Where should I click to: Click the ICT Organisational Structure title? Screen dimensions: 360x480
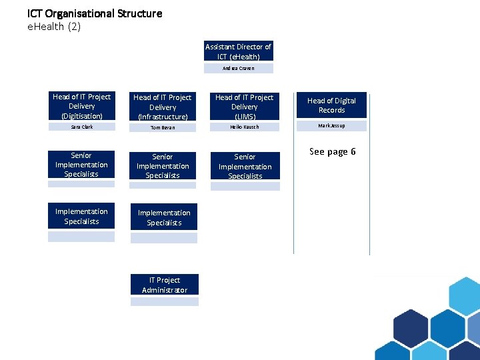click(95, 13)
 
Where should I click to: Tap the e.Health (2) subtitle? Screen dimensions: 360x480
click(54, 27)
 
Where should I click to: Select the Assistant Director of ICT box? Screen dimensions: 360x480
click(238, 51)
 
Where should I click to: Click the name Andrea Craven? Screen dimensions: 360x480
click(238, 68)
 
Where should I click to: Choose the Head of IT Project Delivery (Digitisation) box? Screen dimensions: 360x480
click(81, 106)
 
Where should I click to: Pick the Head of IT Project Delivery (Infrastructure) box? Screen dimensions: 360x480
click(163, 107)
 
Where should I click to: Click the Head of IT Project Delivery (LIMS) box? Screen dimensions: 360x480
click(244, 107)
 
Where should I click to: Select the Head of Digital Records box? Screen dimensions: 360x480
click(331, 105)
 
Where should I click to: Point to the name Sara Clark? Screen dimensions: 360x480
click(81, 127)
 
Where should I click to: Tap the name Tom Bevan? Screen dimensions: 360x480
click(163, 127)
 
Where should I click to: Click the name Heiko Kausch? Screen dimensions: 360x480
click(244, 127)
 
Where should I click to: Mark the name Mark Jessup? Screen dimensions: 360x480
click(331, 126)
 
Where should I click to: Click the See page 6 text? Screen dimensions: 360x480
click(333, 152)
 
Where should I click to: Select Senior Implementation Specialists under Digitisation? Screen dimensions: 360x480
click(81, 165)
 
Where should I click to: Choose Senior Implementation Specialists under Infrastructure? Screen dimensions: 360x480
click(163, 166)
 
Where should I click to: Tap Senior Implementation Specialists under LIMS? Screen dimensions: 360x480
click(245, 167)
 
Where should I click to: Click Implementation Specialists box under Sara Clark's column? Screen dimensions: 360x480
click(81, 217)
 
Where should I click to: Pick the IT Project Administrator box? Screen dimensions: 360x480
click(164, 285)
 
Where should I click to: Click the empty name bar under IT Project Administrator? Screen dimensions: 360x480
click(164, 301)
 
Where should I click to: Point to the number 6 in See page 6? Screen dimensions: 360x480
click(353, 152)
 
